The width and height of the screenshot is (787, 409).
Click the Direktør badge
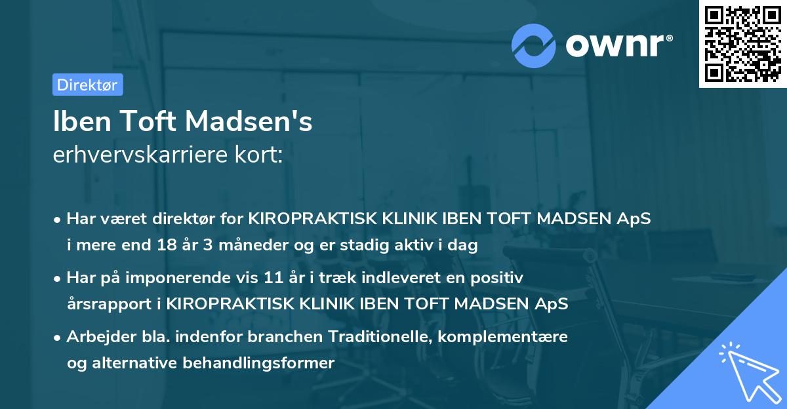point(87,85)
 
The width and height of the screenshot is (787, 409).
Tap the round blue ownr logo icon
point(533,45)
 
